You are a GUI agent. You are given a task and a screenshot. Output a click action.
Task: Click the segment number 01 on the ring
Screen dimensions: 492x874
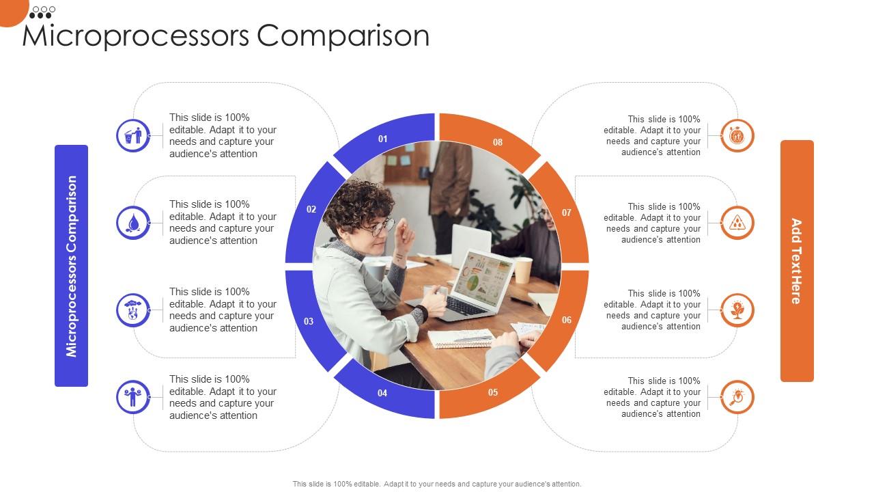coord(383,139)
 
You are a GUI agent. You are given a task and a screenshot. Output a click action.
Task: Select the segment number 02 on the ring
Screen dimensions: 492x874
coord(311,209)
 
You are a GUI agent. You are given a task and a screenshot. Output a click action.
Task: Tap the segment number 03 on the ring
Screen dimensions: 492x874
coord(309,321)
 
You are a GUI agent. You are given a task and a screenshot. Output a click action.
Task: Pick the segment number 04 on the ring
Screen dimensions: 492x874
coord(382,393)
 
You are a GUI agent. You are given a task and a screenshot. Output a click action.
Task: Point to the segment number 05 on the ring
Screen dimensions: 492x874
coord(493,392)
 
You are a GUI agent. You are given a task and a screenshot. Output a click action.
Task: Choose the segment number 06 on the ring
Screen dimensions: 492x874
coord(567,320)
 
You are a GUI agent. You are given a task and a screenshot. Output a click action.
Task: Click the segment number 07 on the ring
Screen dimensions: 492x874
coord(567,213)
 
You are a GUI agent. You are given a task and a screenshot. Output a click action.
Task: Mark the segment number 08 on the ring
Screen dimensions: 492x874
coord(498,142)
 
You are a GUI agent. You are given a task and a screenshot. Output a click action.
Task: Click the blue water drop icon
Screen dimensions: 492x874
coord(133,223)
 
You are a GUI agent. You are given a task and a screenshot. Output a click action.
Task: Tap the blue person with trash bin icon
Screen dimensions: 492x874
coord(133,135)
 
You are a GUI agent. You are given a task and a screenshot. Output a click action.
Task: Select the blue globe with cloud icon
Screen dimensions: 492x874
coord(133,310)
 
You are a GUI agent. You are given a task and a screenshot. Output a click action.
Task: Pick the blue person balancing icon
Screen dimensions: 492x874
coord(133,397)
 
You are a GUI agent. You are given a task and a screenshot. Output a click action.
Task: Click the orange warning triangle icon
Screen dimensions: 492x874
coord(737,223)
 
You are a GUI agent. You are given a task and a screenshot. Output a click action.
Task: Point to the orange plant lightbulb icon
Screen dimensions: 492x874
coord(737,310)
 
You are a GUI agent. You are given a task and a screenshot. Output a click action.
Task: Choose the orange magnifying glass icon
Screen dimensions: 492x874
coord(737,397)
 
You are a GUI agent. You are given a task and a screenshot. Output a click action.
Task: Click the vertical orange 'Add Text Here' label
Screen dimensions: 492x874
coord(797,261)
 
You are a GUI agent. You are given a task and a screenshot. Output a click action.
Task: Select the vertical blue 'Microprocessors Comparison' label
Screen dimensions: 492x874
coord(72,266)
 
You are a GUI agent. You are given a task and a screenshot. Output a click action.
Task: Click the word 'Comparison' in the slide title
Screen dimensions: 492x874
coord(343,36)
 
